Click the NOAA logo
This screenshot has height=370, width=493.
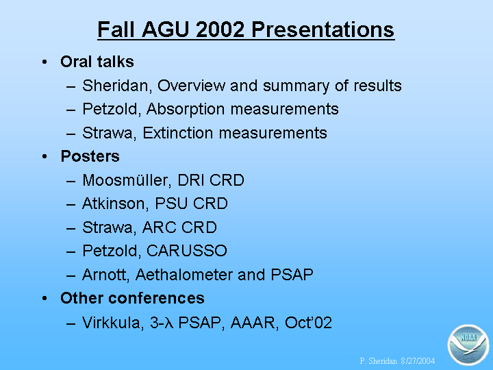[x=468, y=345]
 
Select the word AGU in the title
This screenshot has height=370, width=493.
[x=166, y=30]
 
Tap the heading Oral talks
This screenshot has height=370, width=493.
[x=97, y=62]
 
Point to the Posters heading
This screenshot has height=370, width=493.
[x=90, y=156]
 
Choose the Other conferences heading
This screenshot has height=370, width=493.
[x=132, y=298]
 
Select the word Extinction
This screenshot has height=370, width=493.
[x=178, y=133]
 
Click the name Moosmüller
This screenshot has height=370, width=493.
[x=127, y=180]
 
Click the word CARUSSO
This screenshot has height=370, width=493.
[x=187, y=251]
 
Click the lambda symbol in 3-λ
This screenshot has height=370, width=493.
[x=170, y=323]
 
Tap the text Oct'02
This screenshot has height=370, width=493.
[x=308, y=323]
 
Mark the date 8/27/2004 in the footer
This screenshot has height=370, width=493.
[x=418, y=361]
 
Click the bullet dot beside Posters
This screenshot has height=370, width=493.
[x=45, y=156]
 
